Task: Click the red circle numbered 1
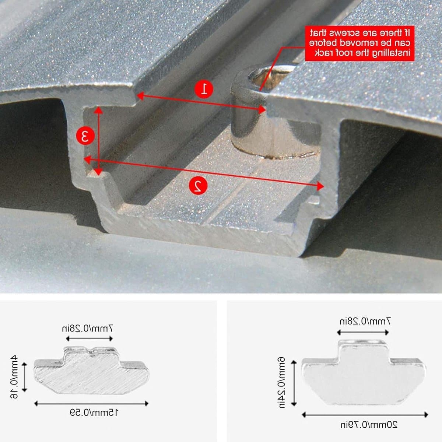point(204,89)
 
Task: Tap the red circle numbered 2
point(198,185)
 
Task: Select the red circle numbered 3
point(85,136)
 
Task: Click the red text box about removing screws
point(359,43)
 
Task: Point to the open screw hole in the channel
point(272,76)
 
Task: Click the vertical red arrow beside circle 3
point(98,141)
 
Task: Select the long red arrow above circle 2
point(204,172)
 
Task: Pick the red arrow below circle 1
point(201,103)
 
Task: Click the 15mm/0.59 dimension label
point(94,413)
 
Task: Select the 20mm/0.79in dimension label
point(369,425)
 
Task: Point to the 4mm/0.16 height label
point(14,377)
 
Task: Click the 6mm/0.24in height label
point(282,383)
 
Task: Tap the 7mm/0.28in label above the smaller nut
point(87,329)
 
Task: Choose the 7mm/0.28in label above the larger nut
point(365,321)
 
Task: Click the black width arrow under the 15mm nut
point(91,403)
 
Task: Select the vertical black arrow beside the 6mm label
point(294,383)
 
